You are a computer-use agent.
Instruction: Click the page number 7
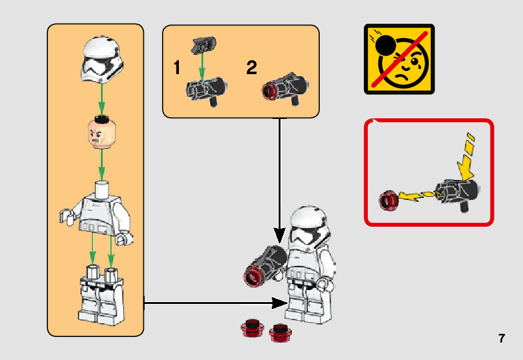(x=501, y=339)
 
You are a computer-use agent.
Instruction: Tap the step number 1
(x=177, y=69)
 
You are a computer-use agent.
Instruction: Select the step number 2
(x=251, y=69)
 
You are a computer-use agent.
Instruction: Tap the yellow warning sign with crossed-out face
(x=399, y=59)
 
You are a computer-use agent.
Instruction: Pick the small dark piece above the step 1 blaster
(x=203, y=45)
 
